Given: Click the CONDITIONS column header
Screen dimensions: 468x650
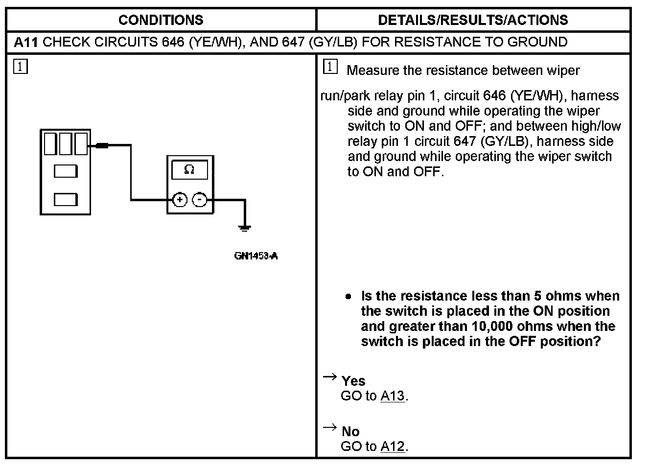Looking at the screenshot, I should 161,20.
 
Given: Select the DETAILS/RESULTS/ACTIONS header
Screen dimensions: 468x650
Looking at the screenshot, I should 473,20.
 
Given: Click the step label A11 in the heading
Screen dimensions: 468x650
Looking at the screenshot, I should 25,42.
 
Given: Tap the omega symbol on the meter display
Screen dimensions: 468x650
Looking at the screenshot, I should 189,169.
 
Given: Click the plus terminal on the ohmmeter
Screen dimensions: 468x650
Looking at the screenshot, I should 180,200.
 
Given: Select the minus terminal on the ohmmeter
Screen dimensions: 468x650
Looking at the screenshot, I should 199,200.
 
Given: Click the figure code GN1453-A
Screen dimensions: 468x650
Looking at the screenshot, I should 256,256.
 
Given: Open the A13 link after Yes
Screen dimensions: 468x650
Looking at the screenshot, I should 393,396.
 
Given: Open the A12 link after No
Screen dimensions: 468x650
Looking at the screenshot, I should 393,446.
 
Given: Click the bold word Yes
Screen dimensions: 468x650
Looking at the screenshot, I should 353,381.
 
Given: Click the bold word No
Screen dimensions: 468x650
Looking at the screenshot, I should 350,431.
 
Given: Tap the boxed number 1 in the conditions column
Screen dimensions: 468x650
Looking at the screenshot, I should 21,67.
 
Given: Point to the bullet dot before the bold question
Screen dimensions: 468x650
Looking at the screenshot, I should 348,297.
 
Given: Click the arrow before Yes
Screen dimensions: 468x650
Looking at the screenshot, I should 330,376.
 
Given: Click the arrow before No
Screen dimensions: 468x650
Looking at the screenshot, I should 330,427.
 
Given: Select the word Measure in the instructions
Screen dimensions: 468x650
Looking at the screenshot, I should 372,70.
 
